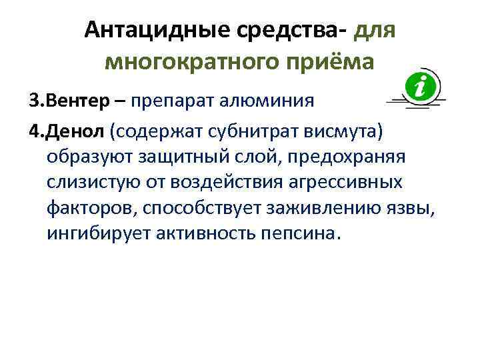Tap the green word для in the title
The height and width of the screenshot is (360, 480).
click(x=376, y=30)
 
